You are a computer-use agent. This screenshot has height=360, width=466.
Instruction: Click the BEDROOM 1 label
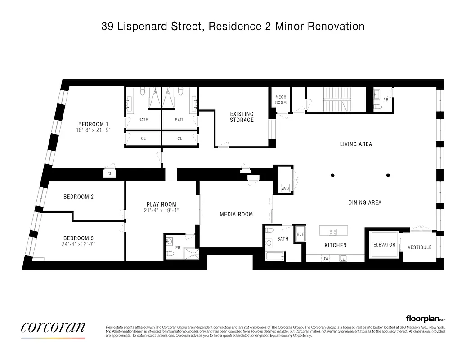coord(93,124)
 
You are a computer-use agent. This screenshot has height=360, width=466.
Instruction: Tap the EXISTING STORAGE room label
coord(242,117)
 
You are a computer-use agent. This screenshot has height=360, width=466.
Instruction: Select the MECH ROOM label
coord(281,100)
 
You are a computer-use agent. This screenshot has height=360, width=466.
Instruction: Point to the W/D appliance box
coord(285,188)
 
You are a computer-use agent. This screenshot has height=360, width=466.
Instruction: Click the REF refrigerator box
coord(300,234)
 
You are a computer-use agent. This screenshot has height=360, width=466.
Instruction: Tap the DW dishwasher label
coord(325,258)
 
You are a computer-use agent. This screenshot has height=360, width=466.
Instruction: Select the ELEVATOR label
coord(384,245)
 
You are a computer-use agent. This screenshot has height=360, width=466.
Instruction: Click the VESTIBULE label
coord(419,247)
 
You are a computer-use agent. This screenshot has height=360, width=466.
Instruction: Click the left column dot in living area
coord(332,175)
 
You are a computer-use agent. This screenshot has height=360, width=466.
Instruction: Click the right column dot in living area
coord(388,175)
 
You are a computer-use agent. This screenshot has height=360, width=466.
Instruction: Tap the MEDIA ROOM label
coord(236,214)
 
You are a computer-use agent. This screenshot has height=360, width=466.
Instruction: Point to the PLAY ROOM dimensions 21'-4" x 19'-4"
coord(161,210)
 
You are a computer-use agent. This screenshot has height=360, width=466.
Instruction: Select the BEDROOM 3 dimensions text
coord(79,244)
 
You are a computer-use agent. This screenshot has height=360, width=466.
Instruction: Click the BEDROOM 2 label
coord(78,197)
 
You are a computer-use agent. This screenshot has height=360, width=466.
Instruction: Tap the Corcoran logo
coord(53,328)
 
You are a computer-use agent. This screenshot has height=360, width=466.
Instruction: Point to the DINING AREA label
coord(365,202)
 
